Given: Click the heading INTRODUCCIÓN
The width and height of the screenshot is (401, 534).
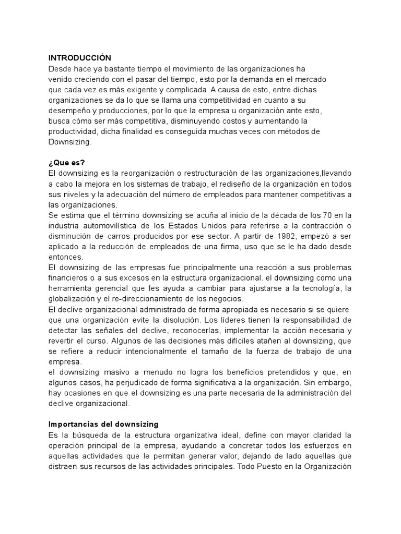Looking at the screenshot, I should point(80,58).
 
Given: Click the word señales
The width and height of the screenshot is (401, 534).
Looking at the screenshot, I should point(117,330).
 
